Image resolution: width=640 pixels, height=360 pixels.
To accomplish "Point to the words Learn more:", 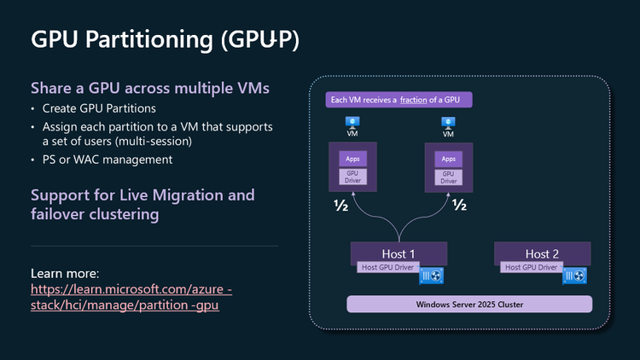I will (x=65, y=274).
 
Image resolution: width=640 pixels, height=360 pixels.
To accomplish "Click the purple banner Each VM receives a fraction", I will (x=399, y=101).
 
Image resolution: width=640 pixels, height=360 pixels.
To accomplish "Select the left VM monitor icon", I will (x=352, y=123).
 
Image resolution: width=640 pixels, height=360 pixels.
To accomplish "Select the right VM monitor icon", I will (x=448, y=123).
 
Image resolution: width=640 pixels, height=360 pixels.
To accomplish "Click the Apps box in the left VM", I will (x=352, y=159).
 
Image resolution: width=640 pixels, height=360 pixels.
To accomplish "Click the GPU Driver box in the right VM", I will (x=448, y=177).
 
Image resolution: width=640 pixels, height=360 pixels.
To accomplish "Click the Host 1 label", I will (x=399, y=253).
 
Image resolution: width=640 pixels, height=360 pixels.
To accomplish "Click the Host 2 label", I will (x=543, y=253).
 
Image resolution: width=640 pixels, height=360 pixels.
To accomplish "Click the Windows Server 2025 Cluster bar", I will (x=469, y=305).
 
